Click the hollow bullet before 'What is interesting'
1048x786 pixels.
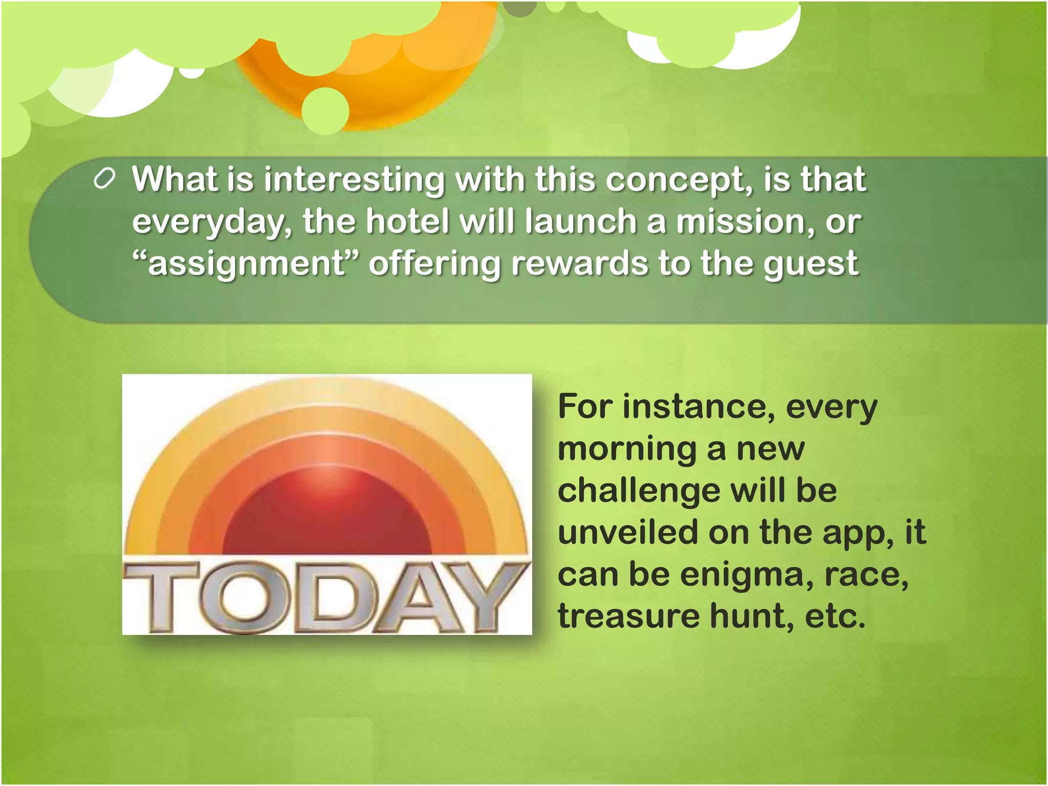[x=104, y=180]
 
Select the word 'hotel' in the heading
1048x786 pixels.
[x=407, y=222]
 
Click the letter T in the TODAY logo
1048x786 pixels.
[x=161, y=596]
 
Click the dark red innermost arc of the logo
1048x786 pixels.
[x=327, y=517]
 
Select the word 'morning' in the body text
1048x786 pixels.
[x=627, y=449]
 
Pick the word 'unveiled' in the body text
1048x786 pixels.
[x=627, y=532]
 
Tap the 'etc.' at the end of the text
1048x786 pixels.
[x=835, y=616]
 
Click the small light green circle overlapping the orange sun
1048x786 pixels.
[x=325, y=111]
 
